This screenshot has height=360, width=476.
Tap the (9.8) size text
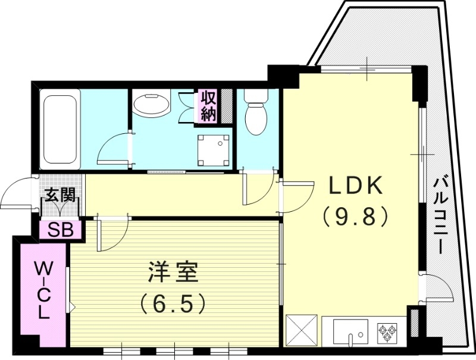355,215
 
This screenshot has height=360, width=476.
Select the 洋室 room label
173,276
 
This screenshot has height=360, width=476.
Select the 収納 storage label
208,106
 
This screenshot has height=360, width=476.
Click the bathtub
59,129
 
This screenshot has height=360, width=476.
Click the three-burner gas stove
388,331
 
